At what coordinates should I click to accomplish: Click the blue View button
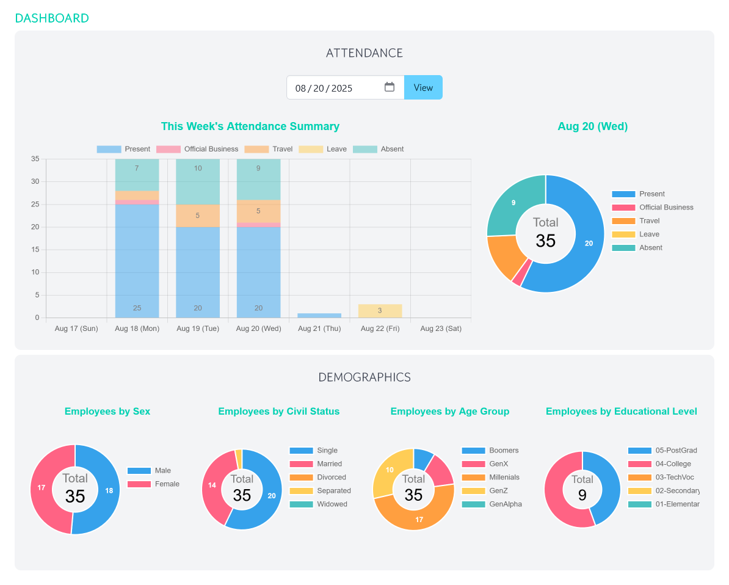(423, 87)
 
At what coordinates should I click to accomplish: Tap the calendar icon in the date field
(390, 87)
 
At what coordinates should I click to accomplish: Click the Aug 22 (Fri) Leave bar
(380, 311)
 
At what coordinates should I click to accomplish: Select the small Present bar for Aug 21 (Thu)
(319, 315)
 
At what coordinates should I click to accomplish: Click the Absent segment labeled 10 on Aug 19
(198, 181)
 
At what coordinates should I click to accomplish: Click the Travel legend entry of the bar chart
(269, 149)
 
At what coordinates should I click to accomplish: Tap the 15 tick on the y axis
(35, 250)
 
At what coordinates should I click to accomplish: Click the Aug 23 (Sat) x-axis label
(441, 329)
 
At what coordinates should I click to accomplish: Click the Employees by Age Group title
(449, 412)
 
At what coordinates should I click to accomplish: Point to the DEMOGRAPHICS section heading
(364, 377)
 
